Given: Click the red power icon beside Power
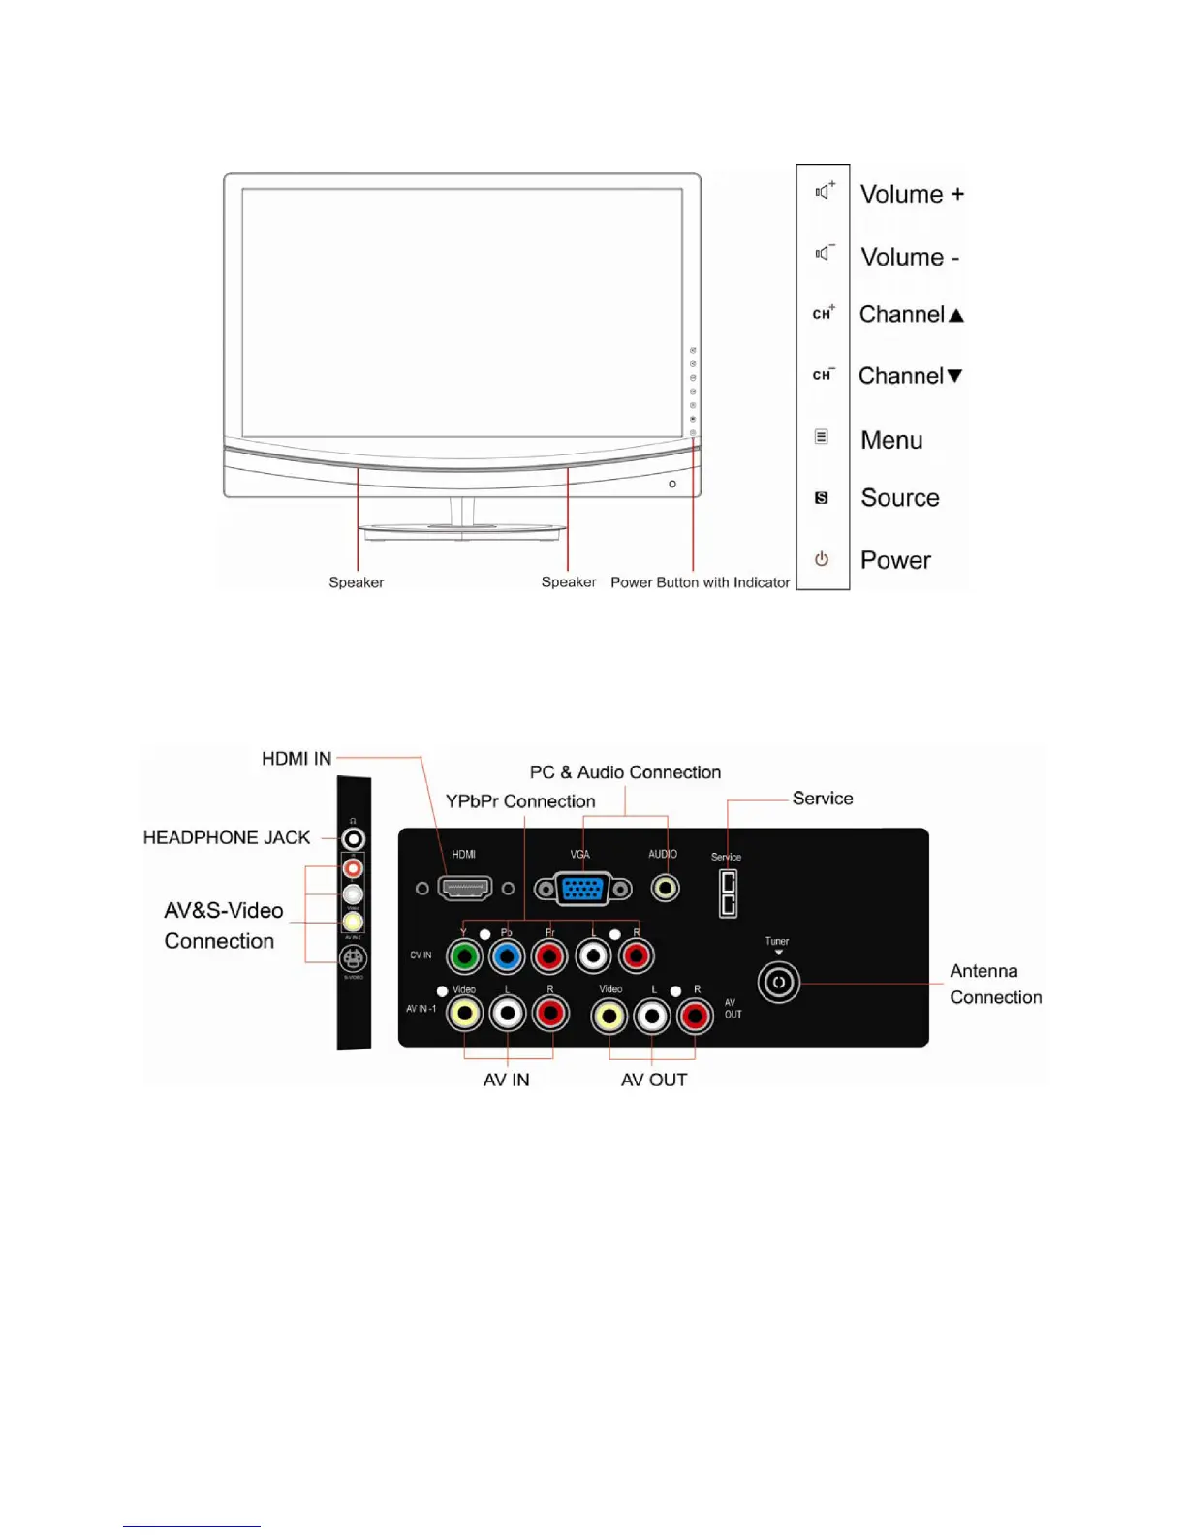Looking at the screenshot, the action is tap(822, 559).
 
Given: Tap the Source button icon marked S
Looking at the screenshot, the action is tap(822, 498).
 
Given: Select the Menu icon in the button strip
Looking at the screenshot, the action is tap(822, 437).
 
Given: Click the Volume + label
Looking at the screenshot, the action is tap(912, 194).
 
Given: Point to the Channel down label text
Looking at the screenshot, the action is tap(910, 376).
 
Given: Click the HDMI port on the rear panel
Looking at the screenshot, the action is tap(465, 888).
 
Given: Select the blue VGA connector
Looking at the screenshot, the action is tap(582, 889).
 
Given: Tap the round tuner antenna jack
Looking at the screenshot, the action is tap(779, 983).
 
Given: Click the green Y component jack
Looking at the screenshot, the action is tap(465, 957).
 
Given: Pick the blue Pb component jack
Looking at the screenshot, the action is tap(507, 957).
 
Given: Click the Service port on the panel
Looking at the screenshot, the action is tap(728, 893).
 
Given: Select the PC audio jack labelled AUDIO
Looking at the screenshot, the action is tap(665, 888).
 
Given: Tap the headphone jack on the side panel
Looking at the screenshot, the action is tap(354, 839).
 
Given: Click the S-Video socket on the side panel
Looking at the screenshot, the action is tap(353, 959).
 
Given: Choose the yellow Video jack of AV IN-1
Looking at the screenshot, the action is tap(465, 1015).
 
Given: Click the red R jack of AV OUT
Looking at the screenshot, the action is tap(694, 1017).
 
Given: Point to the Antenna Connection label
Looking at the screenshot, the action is tap(995, 984).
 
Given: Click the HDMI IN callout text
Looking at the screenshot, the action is tap(296, 759).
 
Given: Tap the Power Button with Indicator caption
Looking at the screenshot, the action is tap(700, 582).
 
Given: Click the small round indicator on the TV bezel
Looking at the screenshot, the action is tap(672, 484).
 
